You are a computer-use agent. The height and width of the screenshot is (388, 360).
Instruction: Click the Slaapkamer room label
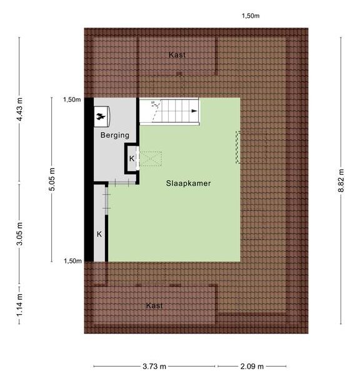tap(188, 183)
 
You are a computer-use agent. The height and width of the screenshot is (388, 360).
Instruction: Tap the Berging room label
tap(115, 135)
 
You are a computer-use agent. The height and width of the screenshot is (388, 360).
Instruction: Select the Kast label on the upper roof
tap(177, 55)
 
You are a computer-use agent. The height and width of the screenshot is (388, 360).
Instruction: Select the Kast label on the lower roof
tap(154, 305)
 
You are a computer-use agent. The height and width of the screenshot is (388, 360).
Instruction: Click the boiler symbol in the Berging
tap(101, 116)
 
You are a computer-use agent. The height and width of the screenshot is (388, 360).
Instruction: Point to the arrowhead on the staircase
tap(195, 111)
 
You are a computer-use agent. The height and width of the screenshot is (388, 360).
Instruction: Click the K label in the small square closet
tap(132, 158)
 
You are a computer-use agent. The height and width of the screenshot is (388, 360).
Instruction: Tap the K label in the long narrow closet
tap(99, 234)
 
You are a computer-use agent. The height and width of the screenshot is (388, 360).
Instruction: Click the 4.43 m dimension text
tap(19, 110)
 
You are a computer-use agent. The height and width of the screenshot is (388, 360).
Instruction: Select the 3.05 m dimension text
tap(19, 233)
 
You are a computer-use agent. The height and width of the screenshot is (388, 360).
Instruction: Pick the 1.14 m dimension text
tap(19, 304)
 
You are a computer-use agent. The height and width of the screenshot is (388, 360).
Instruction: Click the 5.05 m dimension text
tap(52, 180)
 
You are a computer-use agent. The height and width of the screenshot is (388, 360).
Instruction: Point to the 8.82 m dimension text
tap(341, 180)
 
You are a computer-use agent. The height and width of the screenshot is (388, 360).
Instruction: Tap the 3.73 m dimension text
tap(154, 366)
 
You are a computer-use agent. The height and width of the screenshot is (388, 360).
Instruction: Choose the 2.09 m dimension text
tap(252, 366)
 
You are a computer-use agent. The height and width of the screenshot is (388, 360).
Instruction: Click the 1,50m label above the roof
tap(251, 16)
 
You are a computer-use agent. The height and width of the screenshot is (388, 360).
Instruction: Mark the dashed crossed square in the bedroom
tap(151, 159)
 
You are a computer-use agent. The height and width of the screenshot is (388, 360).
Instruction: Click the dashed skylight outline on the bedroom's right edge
tap(237, 147)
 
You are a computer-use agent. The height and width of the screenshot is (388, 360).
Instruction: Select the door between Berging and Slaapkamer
tap(122, 183)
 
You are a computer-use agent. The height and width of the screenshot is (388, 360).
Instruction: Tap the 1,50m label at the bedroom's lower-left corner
tap(72, 261)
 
